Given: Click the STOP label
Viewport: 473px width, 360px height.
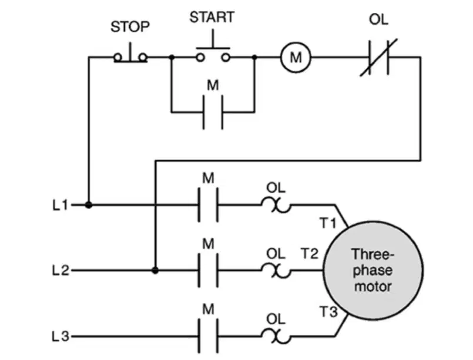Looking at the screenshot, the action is [x=130, y=26].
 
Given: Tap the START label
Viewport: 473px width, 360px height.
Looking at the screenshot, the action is [x=212, y=17].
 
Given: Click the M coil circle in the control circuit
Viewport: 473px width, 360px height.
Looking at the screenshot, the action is [x=296, y=57].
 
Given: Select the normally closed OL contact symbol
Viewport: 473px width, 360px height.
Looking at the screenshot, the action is [x=379, y=58].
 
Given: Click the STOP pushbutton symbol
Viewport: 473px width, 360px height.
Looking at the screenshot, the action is [x=130, y=53].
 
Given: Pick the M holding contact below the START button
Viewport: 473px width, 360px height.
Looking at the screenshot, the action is [x=213, y=112].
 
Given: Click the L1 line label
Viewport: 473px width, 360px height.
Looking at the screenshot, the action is [x=61, y=206].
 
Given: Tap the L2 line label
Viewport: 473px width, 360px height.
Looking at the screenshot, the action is [x=61, y=271].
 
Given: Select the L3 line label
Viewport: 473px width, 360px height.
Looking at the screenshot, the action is [x=61, y=336].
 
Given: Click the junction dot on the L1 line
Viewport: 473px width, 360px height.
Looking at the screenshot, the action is [x=88, y=205].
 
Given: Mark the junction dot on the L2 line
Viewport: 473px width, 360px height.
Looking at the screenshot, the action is [x=155, y=271].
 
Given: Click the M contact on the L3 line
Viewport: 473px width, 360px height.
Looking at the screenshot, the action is [x=208, y=336].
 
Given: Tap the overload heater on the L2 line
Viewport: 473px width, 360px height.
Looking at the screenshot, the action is [x=276, y=271].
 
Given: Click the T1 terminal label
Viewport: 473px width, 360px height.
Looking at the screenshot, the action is [x=328, y=223].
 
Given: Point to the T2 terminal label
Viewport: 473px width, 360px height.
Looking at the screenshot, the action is [x=310, y=253].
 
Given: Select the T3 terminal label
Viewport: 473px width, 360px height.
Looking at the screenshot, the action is [x=328, y=311].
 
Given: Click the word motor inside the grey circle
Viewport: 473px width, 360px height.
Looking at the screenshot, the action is [x=373, y=286].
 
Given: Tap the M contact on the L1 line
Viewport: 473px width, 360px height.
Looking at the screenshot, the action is [x=208, y=205].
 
